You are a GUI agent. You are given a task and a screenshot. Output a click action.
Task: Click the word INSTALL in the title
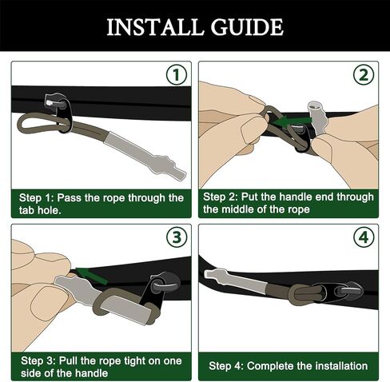154,27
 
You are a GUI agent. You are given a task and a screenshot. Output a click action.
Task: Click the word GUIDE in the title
247,27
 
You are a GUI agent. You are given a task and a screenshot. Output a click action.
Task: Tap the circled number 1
177,75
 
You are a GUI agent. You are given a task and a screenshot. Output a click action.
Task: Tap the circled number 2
364,75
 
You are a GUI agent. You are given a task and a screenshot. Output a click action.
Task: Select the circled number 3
177,237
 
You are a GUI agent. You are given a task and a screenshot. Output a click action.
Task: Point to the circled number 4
364,237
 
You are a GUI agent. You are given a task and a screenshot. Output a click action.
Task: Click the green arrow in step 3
91,275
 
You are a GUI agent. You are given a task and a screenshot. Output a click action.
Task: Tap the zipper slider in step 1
58,110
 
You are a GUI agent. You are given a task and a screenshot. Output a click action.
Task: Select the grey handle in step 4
236,281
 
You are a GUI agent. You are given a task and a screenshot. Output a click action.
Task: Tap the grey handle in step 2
317,117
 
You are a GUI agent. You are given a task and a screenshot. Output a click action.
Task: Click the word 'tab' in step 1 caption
26,210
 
